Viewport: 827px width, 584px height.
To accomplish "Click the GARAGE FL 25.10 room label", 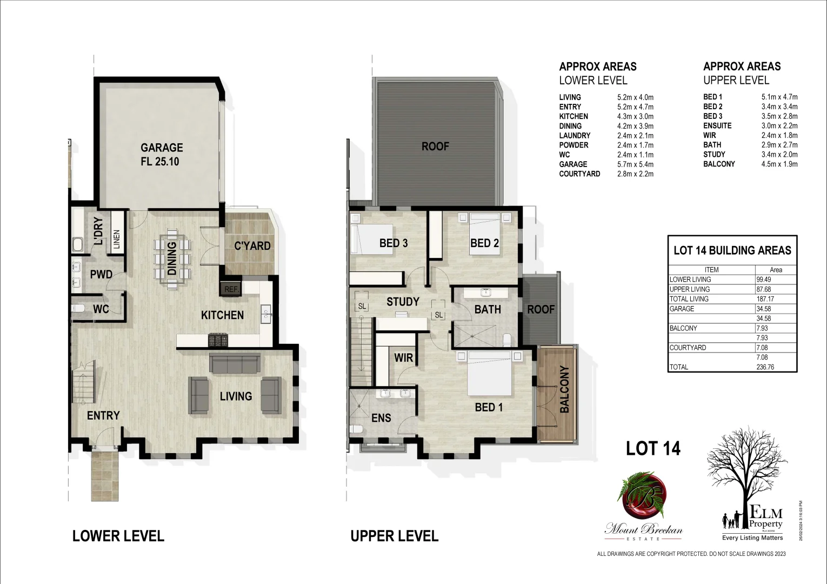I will pos(162,154).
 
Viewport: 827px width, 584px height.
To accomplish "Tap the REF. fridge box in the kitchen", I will pos(231,289).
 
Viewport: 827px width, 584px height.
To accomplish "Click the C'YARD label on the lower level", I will pos(252,246).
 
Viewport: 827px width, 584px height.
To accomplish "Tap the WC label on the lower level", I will pos(101,309).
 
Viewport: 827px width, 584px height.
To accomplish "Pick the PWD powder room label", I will pos(101,275).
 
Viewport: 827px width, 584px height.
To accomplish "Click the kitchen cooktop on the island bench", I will pos(218,340).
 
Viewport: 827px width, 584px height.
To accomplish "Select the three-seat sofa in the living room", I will pos(235,364).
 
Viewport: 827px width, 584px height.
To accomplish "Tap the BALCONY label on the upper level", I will pos(565,389).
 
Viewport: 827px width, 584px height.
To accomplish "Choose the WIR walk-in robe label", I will pos(404,358).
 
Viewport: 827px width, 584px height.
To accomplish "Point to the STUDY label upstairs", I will pos(403,302).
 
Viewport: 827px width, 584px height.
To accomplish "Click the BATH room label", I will pos(488,309).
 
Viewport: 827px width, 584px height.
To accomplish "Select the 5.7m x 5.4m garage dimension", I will pos(635,164).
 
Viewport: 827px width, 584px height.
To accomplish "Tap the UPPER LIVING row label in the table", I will pos(690,289).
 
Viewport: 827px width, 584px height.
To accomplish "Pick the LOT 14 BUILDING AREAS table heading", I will pos(732,250).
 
